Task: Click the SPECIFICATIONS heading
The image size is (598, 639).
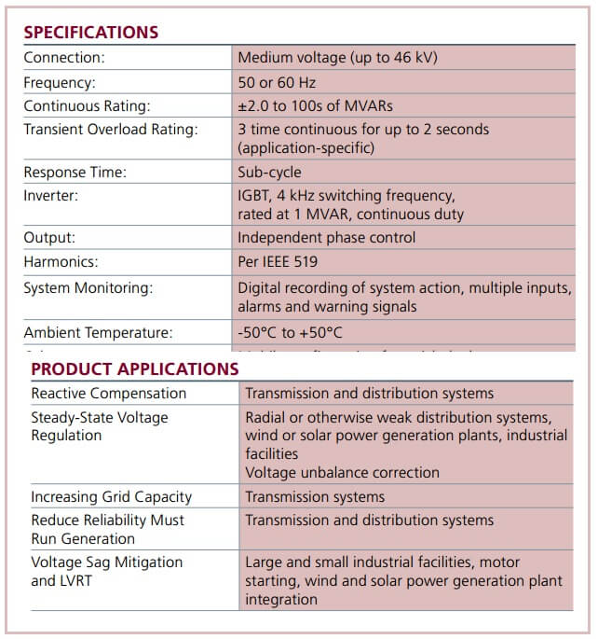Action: [x=90, y=33]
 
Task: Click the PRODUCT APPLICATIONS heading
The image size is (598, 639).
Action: [x=135, y=368]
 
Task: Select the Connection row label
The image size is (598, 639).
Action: [x=64, y=58]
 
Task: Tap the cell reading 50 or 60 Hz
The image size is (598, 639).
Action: [x=277, y=82]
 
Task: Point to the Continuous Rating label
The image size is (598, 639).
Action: [x=87, y=106]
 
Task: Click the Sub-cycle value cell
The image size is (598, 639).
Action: [x=269, y=173]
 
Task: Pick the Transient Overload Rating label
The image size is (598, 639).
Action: [x=111, y=130]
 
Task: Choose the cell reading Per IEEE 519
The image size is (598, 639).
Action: [x=283, y=262]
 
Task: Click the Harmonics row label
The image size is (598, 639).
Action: [x=61, y=262]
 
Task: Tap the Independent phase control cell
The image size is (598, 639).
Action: [x=326, y=238]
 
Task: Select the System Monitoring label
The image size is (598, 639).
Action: [x=88, y=288]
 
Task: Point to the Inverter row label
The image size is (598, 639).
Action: [x=51, y=196]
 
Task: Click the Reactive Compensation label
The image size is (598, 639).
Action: [x=108, y=394]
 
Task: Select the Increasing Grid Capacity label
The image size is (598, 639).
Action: [x=111, y=497]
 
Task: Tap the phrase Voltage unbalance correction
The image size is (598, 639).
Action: [x=342, y=473]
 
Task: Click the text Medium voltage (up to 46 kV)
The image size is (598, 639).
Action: [x=337, y=58]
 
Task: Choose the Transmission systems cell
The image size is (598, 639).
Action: [x=315, y=497]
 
